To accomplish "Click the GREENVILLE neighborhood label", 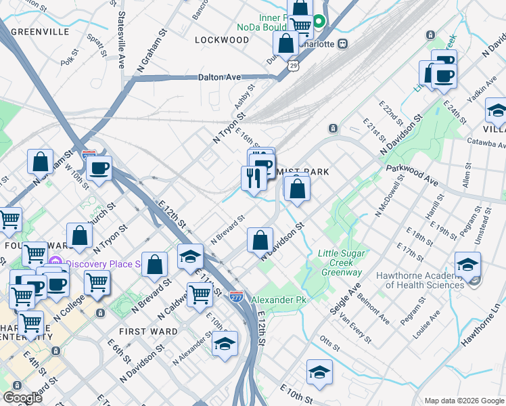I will (x=40, y=32).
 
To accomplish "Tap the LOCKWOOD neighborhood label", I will (x=222, y=40).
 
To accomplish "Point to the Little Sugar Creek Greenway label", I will (x=340, y=263).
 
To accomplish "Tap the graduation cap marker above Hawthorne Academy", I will (x=467, y=265).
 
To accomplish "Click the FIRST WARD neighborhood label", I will (x=147, y=332).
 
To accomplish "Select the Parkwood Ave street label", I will (x=411, y=175).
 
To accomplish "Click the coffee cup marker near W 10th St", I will (x=99, y=168).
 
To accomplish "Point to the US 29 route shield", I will (x=292, y=66).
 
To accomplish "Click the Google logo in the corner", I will (x=22, y=398).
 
